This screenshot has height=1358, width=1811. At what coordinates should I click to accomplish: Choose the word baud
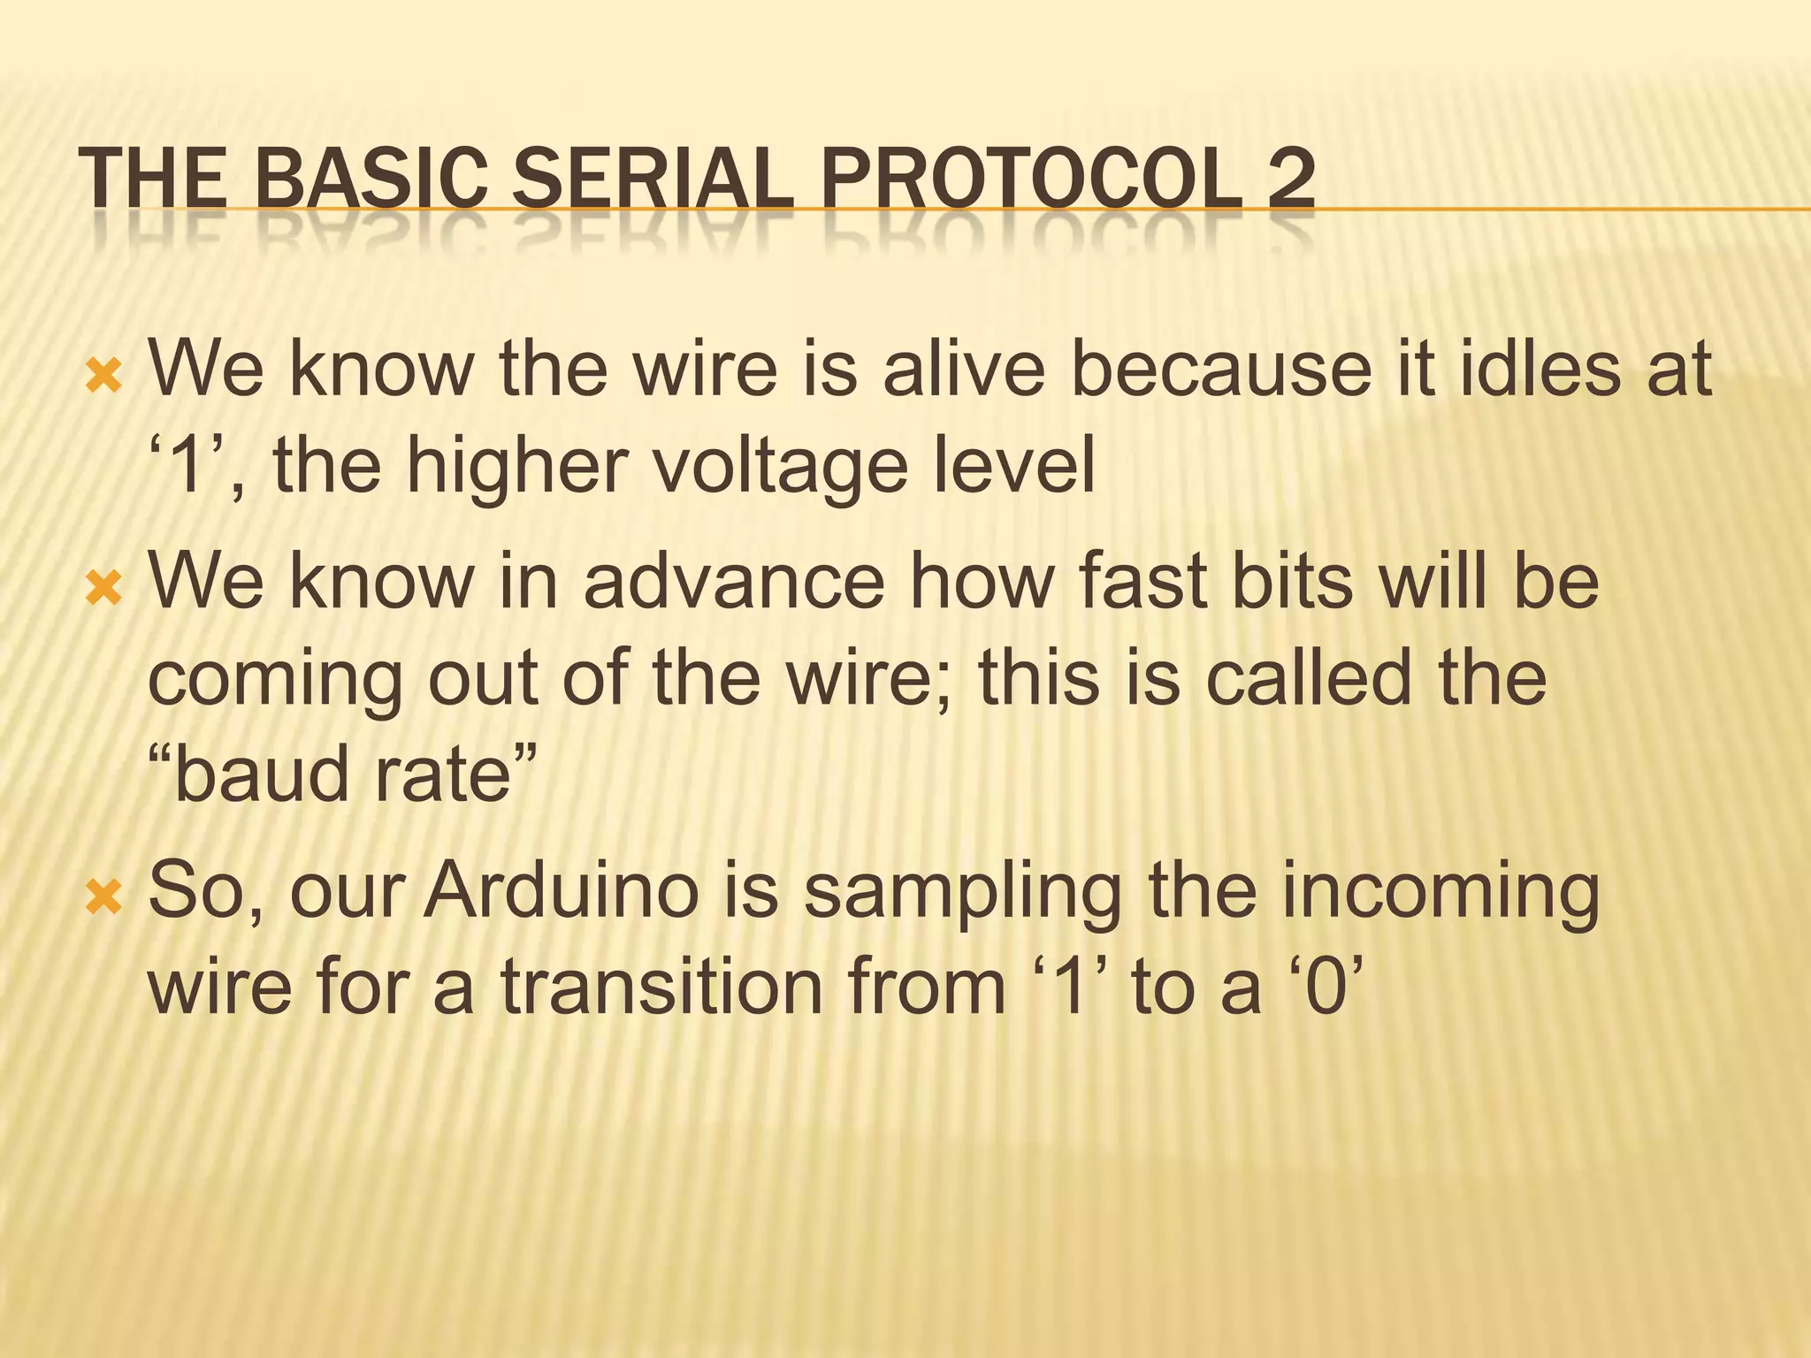coord(263,774)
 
